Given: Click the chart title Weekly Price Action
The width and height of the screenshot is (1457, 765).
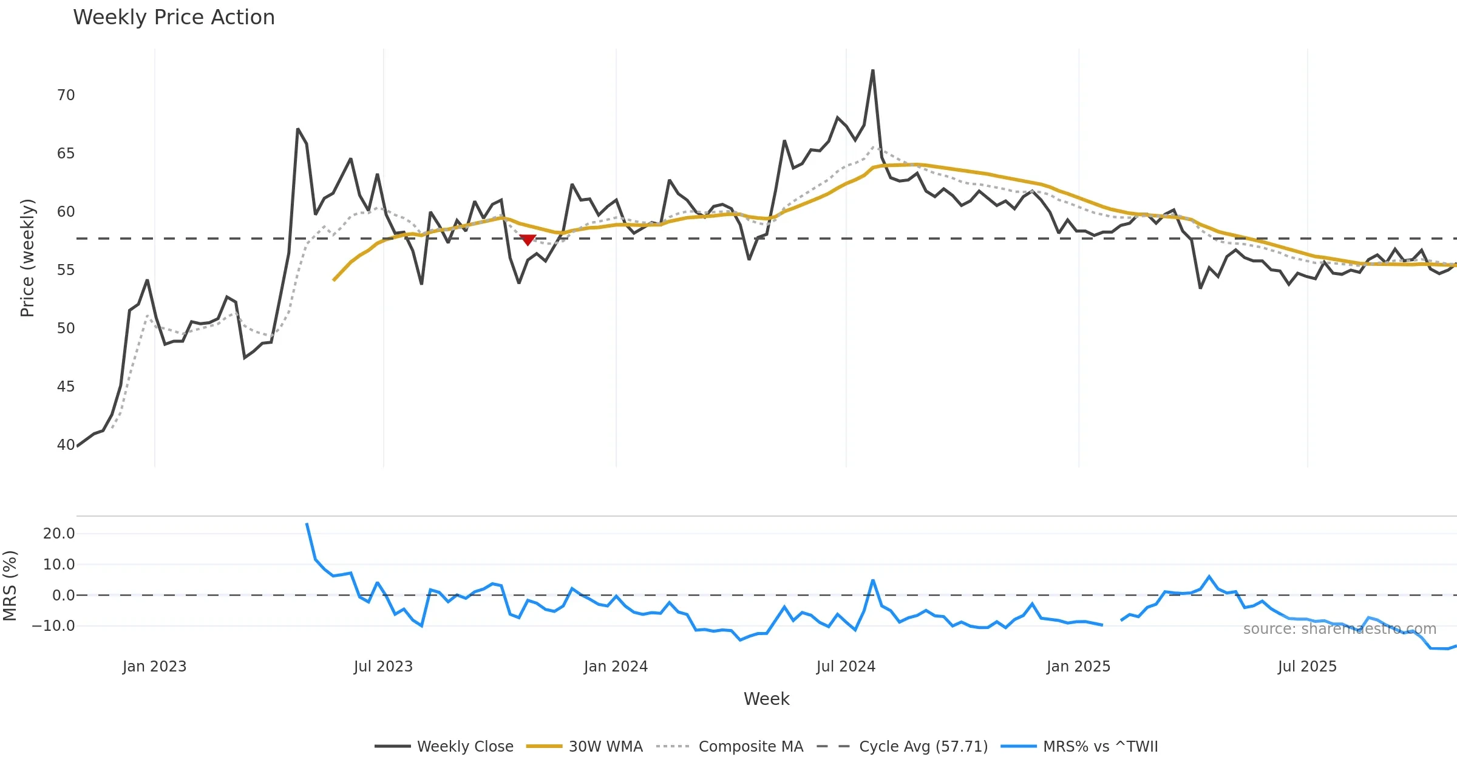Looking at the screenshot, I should [x=174, y=18].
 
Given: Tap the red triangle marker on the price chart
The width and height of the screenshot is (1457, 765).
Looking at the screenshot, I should [x=528, y=240].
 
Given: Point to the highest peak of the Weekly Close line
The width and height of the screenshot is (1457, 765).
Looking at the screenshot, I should [x=872, y=70].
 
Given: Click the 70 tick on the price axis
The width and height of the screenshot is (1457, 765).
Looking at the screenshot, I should [x=66, y=95].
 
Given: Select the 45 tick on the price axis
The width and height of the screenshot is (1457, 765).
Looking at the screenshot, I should [x=66, y=387].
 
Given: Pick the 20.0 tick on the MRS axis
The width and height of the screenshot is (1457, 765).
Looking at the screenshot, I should [x=59, y=534].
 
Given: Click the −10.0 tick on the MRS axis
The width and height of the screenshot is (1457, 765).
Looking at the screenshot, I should [x=53, y=626].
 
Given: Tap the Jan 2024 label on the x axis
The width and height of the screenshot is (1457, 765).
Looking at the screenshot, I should [x=616, y=667].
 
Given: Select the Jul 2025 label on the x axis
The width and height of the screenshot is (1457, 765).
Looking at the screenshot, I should [x=1307, y=667].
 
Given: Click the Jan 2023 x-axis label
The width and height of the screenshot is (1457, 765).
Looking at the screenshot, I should [x=154, y=667].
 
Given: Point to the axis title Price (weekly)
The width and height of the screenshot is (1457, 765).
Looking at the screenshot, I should [x=27, y=258].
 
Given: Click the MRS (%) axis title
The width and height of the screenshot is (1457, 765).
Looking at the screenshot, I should [x=10, y=586].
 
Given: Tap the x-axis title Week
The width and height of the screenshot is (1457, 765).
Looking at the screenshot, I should [x=766, y=699].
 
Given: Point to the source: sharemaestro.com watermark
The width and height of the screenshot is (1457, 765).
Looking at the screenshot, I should [x=1339, y=629].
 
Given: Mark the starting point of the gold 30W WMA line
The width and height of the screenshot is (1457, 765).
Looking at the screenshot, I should [x=334, y=280].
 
